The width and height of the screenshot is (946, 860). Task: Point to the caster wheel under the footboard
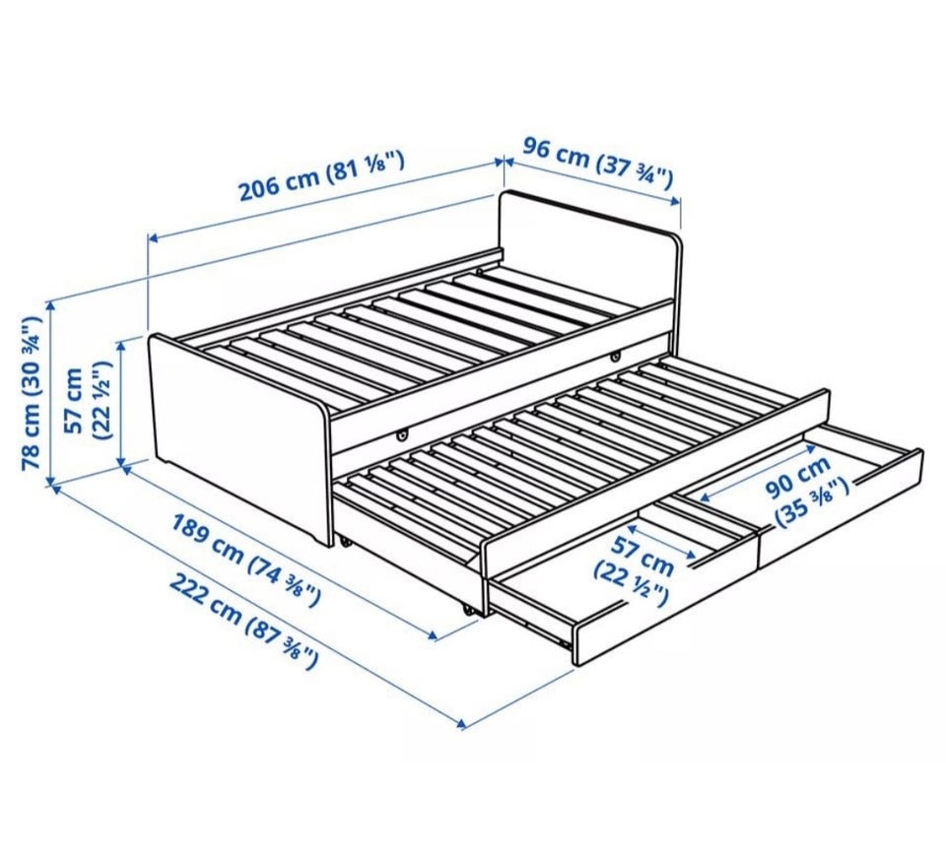(x=345, y=542)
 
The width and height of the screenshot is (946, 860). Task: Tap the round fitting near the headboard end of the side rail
(x=615, y=357)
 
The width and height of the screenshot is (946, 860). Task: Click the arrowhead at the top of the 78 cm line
(x=52, y=304)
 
